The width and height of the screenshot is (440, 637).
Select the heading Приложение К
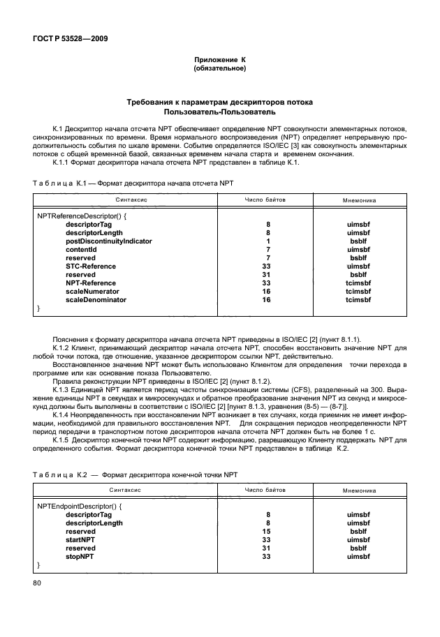[x=219, y=61]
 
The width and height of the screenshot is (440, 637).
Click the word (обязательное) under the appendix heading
[x=219, y=69]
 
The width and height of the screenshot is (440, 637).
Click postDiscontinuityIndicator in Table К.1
[x=108, y=241]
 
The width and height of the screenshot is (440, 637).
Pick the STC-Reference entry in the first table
[x=91, y=267]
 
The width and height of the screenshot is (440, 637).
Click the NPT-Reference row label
[x=91, y=283]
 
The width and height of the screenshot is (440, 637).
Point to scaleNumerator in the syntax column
[x=92, y=292]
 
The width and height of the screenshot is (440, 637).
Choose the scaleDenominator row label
[x=96, y=300]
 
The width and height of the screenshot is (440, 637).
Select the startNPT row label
[x=80, y=540]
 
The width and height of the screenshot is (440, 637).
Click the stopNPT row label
[x=80, y=557]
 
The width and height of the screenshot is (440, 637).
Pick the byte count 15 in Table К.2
[x=265, y=532]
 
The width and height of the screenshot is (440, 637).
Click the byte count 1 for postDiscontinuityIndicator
[x=265, y=241]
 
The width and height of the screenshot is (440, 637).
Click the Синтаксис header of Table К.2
[x=126, y=490]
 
